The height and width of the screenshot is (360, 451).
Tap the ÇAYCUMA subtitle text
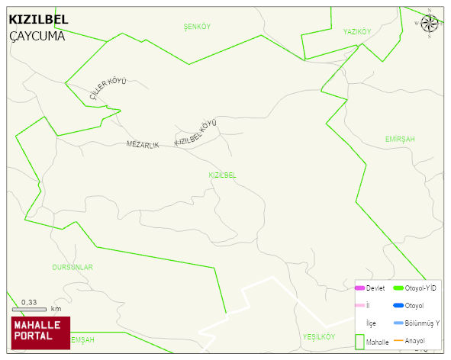coord(37,35)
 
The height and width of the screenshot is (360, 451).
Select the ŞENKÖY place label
coord(197,27)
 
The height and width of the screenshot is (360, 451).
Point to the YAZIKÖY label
coord(356,31)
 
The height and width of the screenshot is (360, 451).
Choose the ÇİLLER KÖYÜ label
coord(108,88)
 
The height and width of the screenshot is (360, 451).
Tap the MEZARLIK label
coord(143,145)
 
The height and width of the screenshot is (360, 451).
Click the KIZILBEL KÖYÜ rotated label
coord(196,132)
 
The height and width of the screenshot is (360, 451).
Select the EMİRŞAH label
coord(400,139)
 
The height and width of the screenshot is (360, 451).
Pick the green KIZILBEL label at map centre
coord(222,175)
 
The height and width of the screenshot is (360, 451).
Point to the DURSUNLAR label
coord(72,267)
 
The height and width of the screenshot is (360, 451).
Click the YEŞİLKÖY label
coord(319,336)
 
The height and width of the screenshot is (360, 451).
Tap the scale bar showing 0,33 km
coord(31,308)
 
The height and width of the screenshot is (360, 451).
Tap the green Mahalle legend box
coord(360,342)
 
